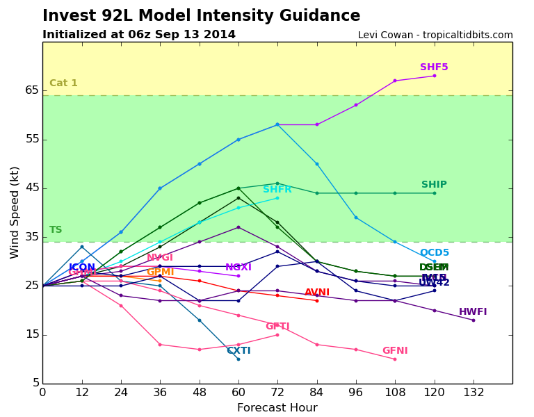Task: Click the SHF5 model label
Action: tap(434, 67)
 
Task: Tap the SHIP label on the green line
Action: tap(434, 185)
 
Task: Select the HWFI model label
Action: tap(473, 312)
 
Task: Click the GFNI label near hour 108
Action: tap(395, 351)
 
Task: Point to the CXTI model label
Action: tap(238, 351)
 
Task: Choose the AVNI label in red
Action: tap(317, 293)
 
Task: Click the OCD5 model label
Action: tap(435, 253)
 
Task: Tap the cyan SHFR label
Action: tap(277, 190)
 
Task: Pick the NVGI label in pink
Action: tap(160, 258)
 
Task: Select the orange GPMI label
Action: tap(160, 272)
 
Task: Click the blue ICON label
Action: tap(82, 268)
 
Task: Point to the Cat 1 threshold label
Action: tap(63, 83)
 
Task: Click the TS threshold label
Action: tap(56, 230)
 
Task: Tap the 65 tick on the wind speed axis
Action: tap(32, 90)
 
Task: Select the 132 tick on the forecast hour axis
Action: tap(474, 392)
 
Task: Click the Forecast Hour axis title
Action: tap(277, 408)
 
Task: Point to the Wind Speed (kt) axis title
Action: tap(15, 212)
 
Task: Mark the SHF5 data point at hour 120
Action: tap(435, 76)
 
